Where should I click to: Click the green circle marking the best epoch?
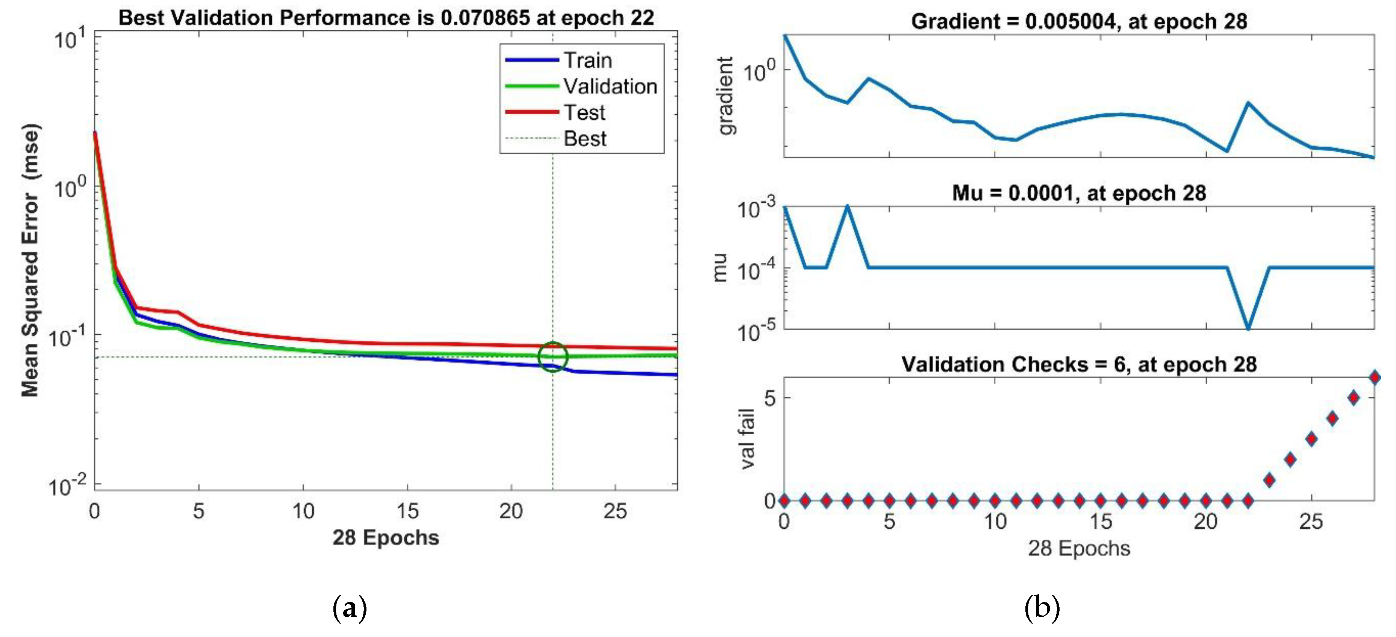click(x=552, y=357)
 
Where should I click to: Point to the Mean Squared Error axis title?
click(x=31, y=260)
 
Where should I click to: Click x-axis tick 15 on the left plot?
click(x=407, y=511)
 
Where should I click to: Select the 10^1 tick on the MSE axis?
click(x=70, y=39)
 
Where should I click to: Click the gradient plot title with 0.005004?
click(x=1078, y=21)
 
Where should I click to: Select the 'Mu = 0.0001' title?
click(x=1078, y=193)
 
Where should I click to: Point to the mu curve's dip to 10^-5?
click(x=1248, y=327)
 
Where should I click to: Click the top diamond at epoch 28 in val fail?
click(x=1374, y=377)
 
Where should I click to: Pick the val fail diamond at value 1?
click(x=1269, y=480)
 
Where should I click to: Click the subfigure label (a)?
click(x=350, y=608)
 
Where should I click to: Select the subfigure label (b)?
click(x=1042, y=608)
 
